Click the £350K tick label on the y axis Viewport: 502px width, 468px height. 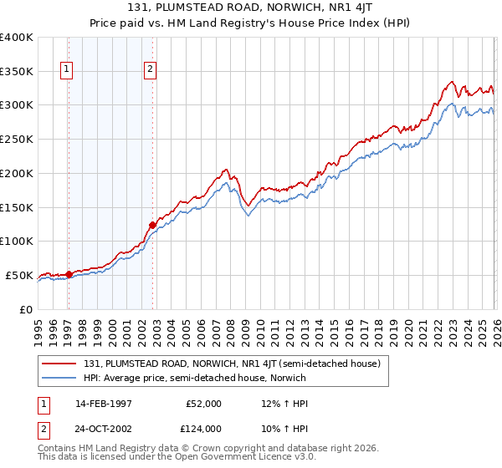coord(17,71)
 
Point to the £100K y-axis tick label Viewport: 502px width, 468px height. coord(17,241)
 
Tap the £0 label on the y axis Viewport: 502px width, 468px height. coord(26,309)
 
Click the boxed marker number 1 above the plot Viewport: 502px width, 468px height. coord(66,70)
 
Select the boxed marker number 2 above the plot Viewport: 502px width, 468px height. coord(150,70)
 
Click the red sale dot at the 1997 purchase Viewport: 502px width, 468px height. coord(69,273)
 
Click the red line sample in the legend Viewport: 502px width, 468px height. coord(59,364)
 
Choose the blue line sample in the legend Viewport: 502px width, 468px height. coord(59,378)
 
